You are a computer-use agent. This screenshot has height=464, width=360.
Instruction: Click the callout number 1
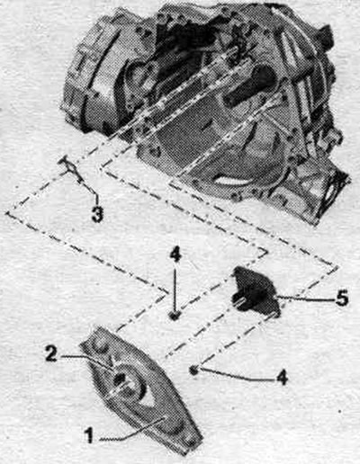click(89, 435)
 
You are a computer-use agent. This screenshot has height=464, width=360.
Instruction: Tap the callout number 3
click(97, 214)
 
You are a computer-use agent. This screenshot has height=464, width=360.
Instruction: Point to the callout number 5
click(342, 298)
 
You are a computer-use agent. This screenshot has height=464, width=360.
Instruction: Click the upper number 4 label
click(175, 255)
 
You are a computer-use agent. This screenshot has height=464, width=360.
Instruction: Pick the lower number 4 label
click(282, 377)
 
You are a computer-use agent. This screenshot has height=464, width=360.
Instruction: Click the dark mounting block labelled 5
click(256, 291)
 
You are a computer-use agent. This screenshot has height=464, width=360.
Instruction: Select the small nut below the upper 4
click(175, 315)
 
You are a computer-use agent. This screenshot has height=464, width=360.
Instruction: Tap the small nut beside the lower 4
click(194, 370)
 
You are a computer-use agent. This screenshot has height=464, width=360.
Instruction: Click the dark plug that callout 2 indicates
click(120, 379)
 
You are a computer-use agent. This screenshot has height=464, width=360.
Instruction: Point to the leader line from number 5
click(303, 298)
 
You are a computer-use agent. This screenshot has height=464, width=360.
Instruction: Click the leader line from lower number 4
click(237, 375)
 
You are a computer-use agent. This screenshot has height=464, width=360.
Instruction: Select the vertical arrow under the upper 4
click(175, 288)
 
